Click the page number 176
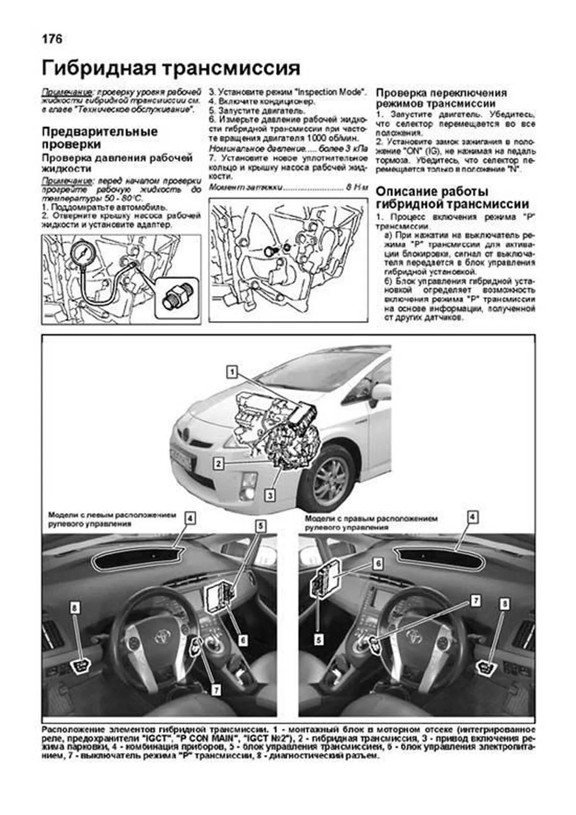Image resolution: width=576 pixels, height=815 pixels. tap(52, 39)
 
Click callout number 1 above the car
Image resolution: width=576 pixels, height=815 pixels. tap(232, 372)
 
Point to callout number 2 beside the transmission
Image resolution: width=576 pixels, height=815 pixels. tap(218, 463)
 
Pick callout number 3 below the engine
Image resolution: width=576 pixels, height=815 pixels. tap(270, 495)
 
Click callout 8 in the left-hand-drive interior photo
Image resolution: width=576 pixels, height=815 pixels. tap(74, 608)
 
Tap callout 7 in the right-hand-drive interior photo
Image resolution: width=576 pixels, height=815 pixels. tap(475, 601)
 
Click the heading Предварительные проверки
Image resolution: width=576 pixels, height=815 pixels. tap(100, 138)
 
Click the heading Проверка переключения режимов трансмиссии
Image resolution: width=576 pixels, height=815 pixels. tap(441, 98)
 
